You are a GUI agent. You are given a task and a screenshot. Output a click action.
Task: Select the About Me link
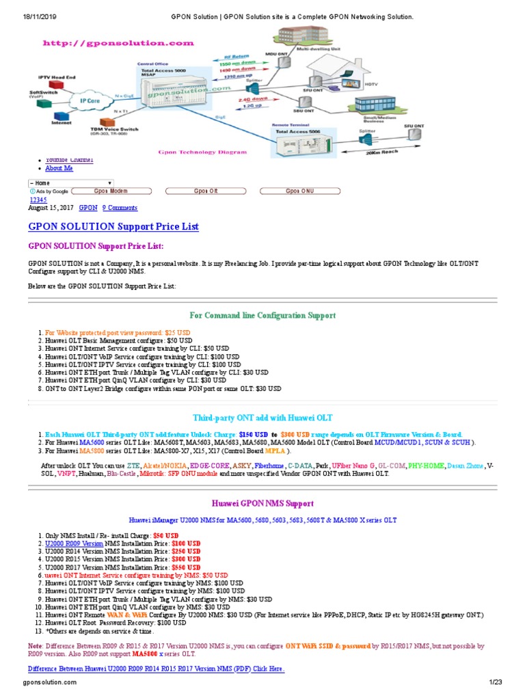(59, 168)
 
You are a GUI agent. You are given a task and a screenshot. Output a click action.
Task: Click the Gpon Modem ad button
(111, 191)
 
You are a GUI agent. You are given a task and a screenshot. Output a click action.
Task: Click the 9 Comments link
(120, 208)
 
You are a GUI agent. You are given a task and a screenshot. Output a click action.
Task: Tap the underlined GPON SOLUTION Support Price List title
(113, 226)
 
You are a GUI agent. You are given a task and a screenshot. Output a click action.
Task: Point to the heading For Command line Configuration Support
(262, 315)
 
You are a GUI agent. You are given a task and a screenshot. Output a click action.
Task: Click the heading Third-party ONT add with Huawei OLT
(262, 418)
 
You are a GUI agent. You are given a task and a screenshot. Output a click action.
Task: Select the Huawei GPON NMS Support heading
(262, 503)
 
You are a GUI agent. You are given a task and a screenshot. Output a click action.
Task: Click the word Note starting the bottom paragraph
(35, 645)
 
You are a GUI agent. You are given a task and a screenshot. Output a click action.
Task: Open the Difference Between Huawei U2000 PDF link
(156, 669)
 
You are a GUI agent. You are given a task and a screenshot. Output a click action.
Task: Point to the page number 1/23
(495, 682)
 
